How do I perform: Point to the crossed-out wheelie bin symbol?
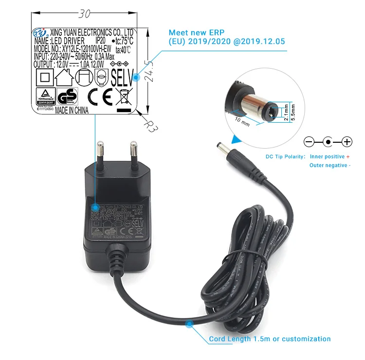pyautogui.click(x=123, y=96)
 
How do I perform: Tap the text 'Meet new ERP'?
pyautogui.click(x=192, y=32)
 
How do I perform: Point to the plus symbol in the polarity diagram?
pyautogui.click(x=346, y=142)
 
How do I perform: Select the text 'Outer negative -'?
pyautogui.click(x=329, y=166)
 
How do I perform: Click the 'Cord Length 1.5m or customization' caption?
pyautogui.click(x=270, y=339)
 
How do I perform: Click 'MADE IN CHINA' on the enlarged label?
pyautogui.click(x=72, y=111)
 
